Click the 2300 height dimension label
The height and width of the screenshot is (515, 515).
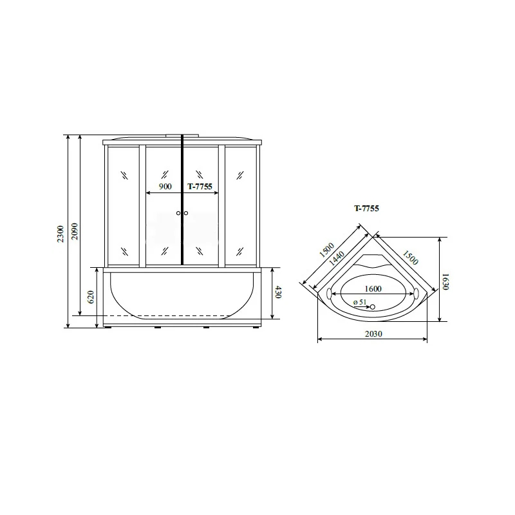click(61, 234)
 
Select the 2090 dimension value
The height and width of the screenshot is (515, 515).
click(75, 231)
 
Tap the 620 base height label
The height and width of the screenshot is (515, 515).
click(91, 297)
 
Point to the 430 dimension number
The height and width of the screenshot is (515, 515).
click(278, 292)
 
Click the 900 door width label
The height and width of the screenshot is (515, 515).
click(165, 187)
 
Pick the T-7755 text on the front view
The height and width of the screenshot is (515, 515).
click(200, 187)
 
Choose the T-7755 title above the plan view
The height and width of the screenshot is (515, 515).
click(366, 208)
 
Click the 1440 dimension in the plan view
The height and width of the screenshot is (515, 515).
click(337, 258)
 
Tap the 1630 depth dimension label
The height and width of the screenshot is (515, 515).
click(445, 282)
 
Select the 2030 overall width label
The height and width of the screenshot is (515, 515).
click(373, 333)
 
